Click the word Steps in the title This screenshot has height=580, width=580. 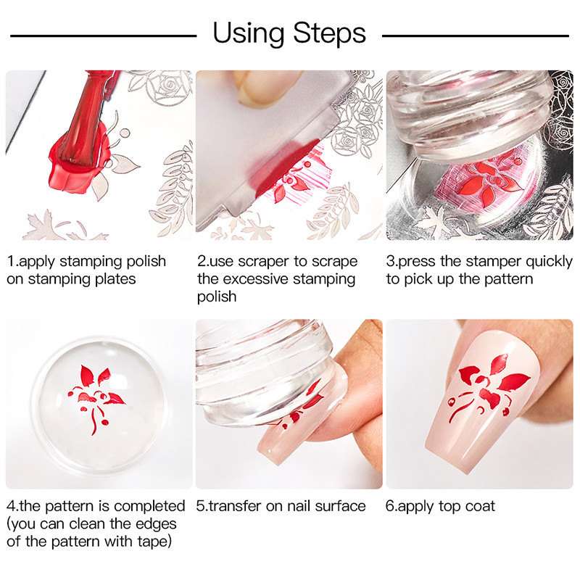[329, 33]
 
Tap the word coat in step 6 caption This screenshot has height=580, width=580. [480, 506]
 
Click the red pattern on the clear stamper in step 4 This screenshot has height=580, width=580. [96, 398]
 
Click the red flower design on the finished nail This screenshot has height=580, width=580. [488, 387]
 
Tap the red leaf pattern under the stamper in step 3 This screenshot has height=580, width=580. [485, 178]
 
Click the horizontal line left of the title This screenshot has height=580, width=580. [103, 36]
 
